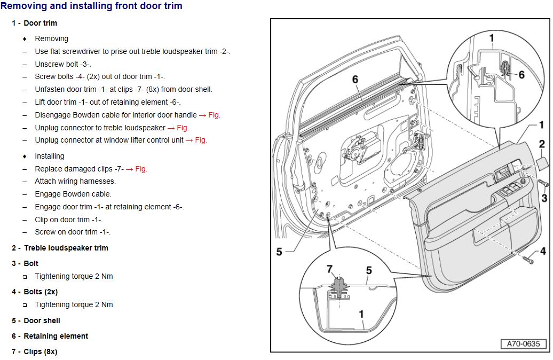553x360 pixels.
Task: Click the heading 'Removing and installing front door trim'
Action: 91,6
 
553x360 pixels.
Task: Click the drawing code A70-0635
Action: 523,344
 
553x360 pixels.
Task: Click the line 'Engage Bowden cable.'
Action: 73,194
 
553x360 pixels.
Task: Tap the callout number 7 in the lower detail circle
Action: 329,269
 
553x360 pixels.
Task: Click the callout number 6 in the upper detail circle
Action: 522,75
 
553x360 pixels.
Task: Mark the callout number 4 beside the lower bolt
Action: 542,251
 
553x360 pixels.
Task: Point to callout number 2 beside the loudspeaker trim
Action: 541,144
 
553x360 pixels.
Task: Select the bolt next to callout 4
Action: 528,260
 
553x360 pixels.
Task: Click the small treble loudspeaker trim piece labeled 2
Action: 538,162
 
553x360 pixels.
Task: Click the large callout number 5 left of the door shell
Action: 279,252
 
